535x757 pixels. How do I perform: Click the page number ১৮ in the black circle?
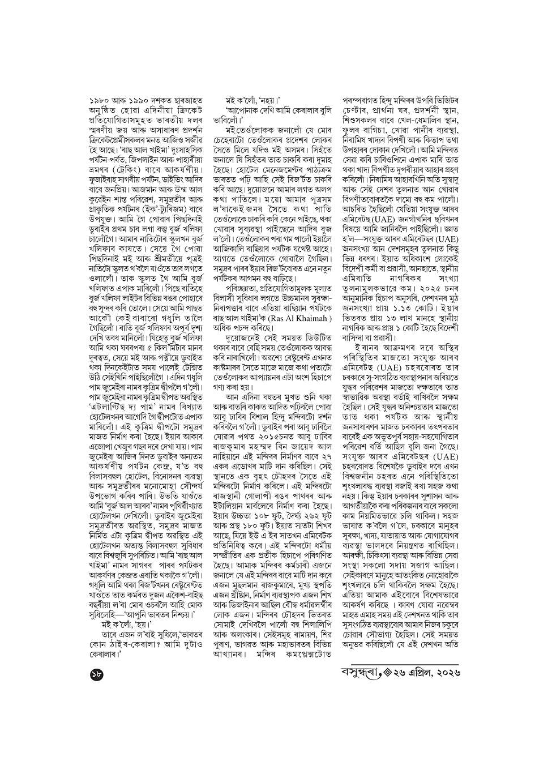[x=97, y=673]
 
